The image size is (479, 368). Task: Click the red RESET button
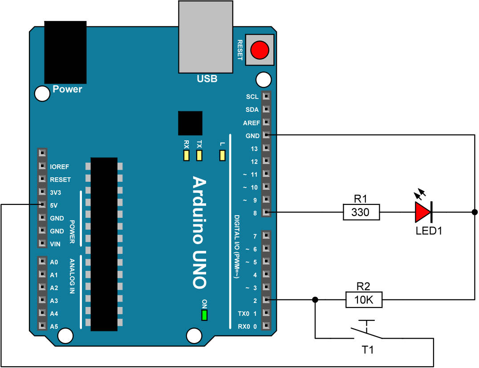(x=260, y=49)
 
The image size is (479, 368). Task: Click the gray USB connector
(x=205, y=37)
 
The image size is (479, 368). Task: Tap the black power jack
(x=65, y=52)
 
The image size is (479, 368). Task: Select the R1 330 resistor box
(x=361, y=213)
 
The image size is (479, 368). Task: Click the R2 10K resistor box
(x=364, y=300)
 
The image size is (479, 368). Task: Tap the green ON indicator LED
(x=204, y=315)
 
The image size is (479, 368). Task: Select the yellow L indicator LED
(x=222, y=155)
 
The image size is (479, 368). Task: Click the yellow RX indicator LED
(x=186, y=155)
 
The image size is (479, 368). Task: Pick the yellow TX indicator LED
(x=199, y=155)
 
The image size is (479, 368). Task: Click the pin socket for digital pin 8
(x=266, y=213)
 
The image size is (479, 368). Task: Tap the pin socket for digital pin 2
(x=266, y=300)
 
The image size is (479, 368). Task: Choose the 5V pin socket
(x=42, y=205)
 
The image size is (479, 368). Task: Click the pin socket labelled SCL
(x=266, y=96)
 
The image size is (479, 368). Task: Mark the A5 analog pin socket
(x=42, y=326)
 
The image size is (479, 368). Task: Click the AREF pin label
(x=252, y=123)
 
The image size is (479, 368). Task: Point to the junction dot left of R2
(x=315, y=300)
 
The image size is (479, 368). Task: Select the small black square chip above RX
(x=190, y=123)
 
